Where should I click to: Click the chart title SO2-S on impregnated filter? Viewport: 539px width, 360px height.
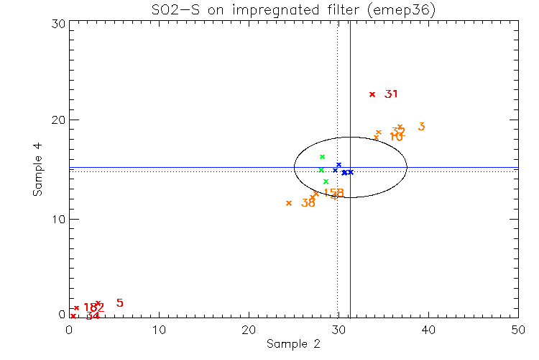[293, 9]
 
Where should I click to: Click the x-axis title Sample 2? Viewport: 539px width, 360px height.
[293, 343]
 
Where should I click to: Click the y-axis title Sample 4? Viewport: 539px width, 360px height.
[37, 170]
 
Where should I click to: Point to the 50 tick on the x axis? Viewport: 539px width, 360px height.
[517, 328]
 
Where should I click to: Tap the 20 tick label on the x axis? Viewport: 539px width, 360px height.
[249, 328]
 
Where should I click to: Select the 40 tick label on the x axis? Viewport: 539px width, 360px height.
[428, 328]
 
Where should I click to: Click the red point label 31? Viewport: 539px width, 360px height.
[391, 94]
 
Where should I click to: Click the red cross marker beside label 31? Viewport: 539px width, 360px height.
[372, 94]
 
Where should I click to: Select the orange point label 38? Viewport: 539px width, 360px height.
[308, 204]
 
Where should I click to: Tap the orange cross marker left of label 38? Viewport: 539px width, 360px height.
[289, 203]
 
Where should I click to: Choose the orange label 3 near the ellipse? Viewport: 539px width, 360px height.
[421, 127]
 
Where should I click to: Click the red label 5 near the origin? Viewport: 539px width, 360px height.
[119, 303]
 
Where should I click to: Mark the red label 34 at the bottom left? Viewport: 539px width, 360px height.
[92, 316]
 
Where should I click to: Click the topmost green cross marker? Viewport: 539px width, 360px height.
[323, 156]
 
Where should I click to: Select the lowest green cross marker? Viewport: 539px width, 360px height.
[326, 181]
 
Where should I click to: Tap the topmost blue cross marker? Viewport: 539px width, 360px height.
[338, 165]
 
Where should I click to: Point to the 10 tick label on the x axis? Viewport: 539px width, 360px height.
[159, 328]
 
